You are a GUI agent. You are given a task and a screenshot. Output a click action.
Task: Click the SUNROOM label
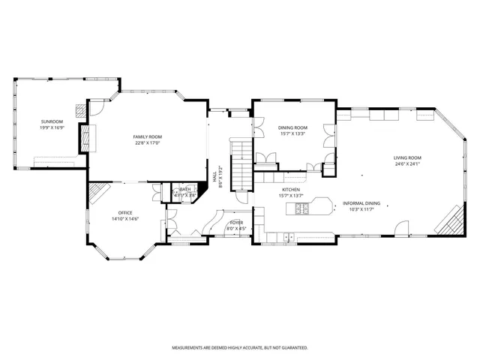point(52,121)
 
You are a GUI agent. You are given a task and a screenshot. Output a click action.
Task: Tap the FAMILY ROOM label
point(148,136)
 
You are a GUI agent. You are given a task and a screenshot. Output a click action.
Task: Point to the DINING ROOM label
point(292,128)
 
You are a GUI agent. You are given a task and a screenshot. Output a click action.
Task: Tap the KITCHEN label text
point(291,190)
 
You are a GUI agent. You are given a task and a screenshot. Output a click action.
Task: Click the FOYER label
point(236,223)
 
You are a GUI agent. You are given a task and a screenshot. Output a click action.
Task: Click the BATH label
point(184,190)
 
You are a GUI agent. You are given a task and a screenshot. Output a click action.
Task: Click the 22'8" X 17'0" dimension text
point(148,142)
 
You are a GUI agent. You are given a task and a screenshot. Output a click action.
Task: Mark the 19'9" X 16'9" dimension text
point(52,127)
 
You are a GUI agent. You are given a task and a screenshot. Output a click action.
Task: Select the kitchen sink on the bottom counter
point(288,238)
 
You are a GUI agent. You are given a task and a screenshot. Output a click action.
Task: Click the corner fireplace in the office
point(97,196)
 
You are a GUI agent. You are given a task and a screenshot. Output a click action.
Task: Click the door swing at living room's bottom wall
point(403,227)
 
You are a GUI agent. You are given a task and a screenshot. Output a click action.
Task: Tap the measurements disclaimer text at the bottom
point(240,348)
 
